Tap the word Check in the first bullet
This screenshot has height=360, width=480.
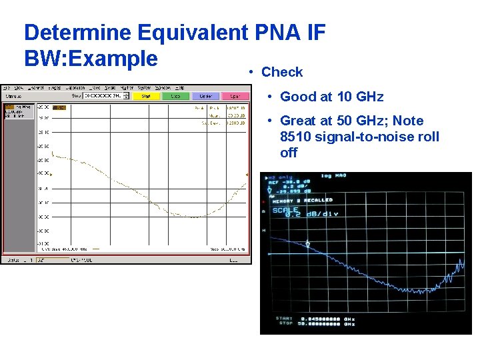point(282,72)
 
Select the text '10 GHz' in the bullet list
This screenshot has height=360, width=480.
point(360,97)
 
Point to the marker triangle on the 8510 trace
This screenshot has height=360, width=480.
point(307,245)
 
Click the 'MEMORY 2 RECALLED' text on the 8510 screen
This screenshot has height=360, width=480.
point(302,200)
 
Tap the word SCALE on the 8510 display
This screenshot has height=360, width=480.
point(285,209)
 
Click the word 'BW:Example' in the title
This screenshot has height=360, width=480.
point(91,58)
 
